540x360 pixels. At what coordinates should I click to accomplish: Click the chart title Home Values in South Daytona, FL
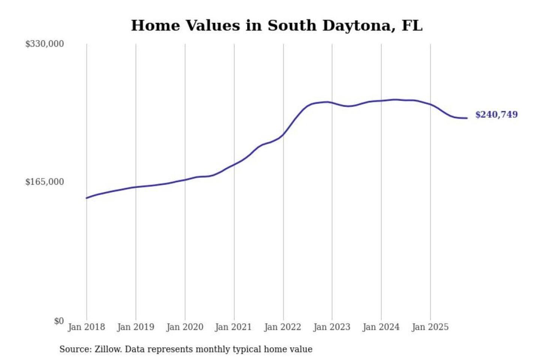pyautogui.click(x=277, y=25)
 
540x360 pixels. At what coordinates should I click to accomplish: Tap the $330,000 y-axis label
pyautogui.click(x=45, y=44)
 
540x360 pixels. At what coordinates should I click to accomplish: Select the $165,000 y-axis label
pyautogui.click(x=45, y=182)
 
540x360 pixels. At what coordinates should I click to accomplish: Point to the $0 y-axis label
pyautogui.click(x=59, y=321)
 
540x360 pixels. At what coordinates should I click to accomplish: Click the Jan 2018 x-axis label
pyautogui.click(x=86, y=327)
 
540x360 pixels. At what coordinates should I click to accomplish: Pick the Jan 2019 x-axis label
pyautogui.click(x=135, y=327)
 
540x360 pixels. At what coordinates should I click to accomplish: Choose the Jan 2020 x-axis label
pyautogui.click(x=184, y=327)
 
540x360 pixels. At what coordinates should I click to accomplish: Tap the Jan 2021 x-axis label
pyautogui.click(x=233, y=327)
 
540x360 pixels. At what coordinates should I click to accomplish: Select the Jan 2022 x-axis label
pyautogui.click(x=282, y=327)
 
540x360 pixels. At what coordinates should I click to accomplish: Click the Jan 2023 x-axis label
pyautogui.click(x=331, y=327)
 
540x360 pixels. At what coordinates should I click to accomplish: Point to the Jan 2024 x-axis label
pyautogui.click(x=381, y=327)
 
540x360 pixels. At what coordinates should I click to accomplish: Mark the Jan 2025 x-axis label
pyautogui.click(x=430, y=327)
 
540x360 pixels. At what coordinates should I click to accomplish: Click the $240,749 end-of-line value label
pyautogui.click(x=496, y=114)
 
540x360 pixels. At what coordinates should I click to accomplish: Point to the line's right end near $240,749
pyautogui.click(x=467, y=118)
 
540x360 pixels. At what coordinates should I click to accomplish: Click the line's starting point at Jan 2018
pyautogui.click(x=87, y=198)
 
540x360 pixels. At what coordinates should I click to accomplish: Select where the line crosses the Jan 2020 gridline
pyautogui.click(x=185, y=180)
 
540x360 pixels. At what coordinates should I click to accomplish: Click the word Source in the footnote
pyautogui.click(x=74, y=349)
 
